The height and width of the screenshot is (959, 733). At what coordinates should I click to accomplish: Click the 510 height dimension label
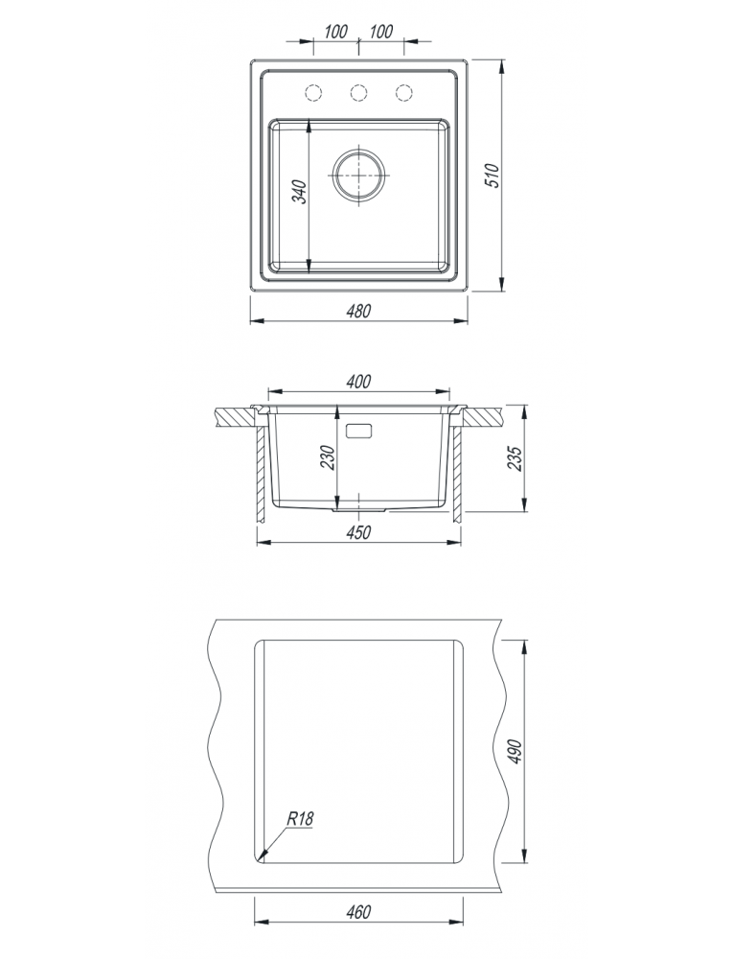pyautogui.click(x=493, y=175)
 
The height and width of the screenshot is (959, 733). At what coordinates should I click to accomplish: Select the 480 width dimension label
pyautogui.click(x=358, y=312)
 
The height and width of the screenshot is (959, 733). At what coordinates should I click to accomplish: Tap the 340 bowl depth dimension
pyautogui.click(x=299, y=192)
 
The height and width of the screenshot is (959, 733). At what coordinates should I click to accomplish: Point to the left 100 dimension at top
pyautogui.click(x=335, y=32)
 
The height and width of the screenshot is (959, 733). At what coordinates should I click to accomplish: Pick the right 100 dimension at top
pyautogui.click(x=381, y=32)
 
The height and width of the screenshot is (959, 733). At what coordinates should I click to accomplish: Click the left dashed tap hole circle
pyautogui.click(x=313, y=92)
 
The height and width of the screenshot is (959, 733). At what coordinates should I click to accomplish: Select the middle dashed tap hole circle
pyautogui.click(x=358, y=92)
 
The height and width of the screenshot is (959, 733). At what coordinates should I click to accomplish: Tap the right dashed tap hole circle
pyautogui.click(x=403, y=92)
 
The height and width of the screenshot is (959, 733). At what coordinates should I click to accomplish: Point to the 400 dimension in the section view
pyautogui.click(x=358, y=382)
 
